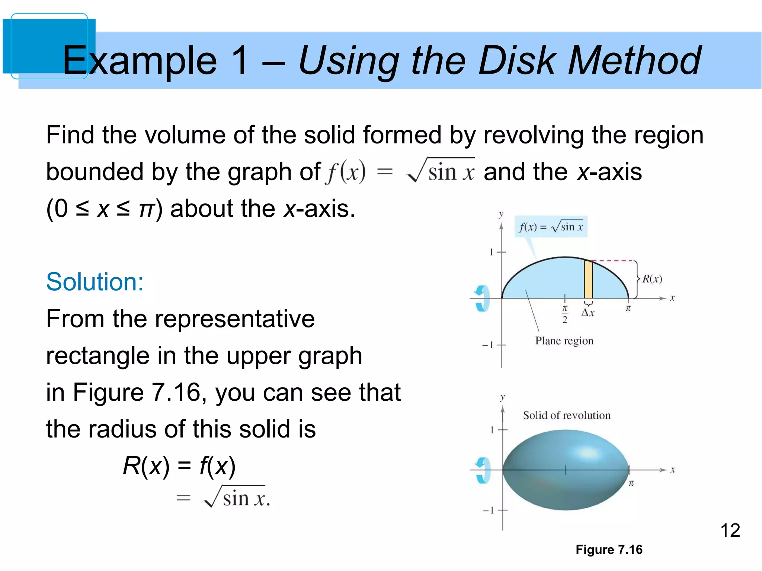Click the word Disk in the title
[517, 60]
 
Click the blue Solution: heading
[95, 282]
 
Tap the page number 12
[730, 530]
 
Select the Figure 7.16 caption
[609, 549]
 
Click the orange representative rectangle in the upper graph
[588, 280]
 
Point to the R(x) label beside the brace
[652, 279]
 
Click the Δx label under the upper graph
[588, 313]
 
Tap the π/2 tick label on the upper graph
[564, 314]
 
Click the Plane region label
[564, 341]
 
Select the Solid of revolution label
[567, 415]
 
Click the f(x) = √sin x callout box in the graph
[551, 226]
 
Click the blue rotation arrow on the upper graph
[482, 298]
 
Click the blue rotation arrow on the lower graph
[483, 470]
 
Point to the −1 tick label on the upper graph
[488, 345]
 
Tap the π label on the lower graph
[631, 483]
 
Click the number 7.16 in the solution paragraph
[176, 392]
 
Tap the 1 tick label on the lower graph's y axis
[492, 430]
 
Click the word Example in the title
[140, 60]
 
